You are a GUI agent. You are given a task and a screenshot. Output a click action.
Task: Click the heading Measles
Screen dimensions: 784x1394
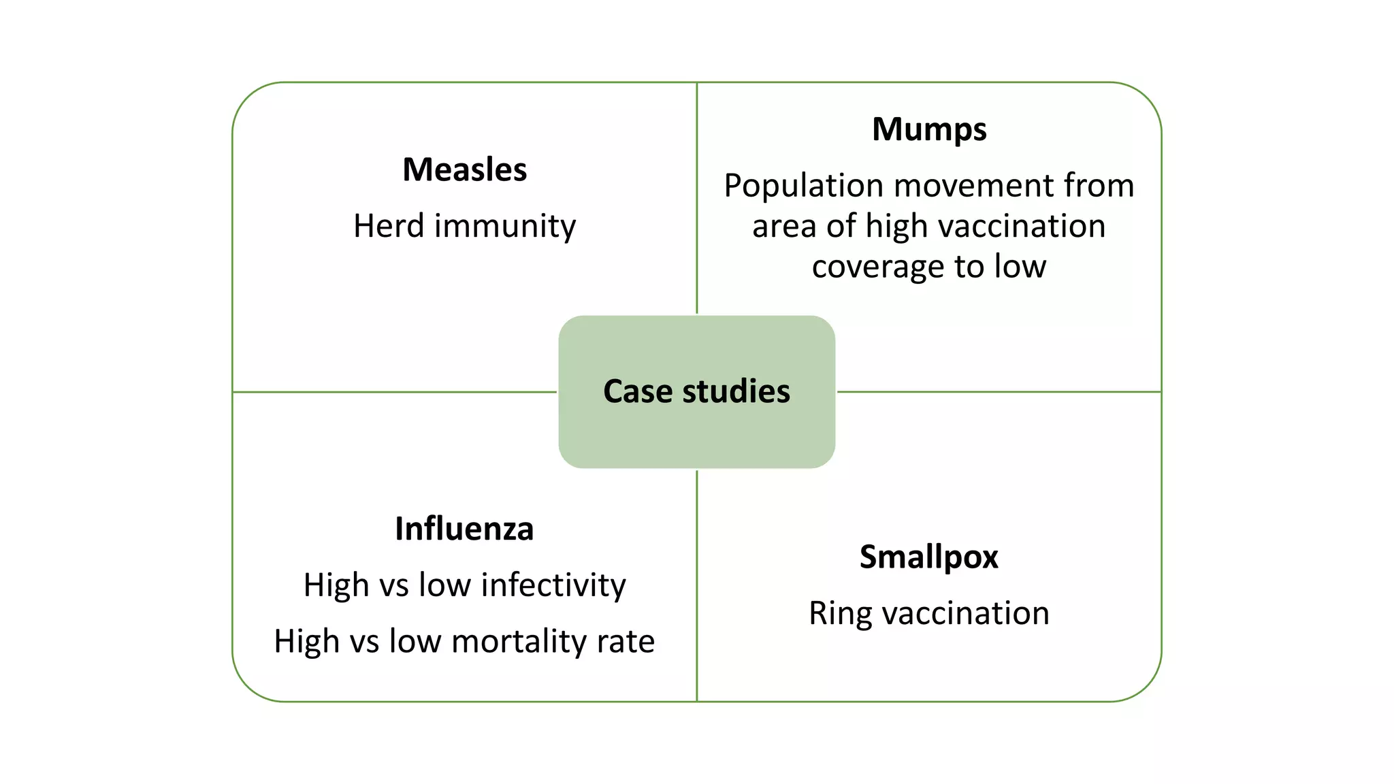[x=464, y=169]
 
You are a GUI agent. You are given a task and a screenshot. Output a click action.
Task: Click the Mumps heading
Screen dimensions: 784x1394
[x=929, y=130]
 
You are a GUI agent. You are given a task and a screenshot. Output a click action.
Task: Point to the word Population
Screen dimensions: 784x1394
[x=804, y=186]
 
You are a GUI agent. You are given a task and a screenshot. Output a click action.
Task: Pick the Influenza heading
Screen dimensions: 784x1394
[x=464, y=529]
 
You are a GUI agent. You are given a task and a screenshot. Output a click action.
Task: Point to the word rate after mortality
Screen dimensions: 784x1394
[x=626, y=642]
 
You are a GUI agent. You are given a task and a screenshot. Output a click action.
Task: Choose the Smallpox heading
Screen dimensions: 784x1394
[x=928, y=557]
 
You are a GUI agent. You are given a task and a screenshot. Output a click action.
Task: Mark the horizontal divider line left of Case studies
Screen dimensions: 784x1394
[x=395, y=392]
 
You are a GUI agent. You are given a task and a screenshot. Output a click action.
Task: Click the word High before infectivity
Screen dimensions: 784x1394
[x=336, y=585]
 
